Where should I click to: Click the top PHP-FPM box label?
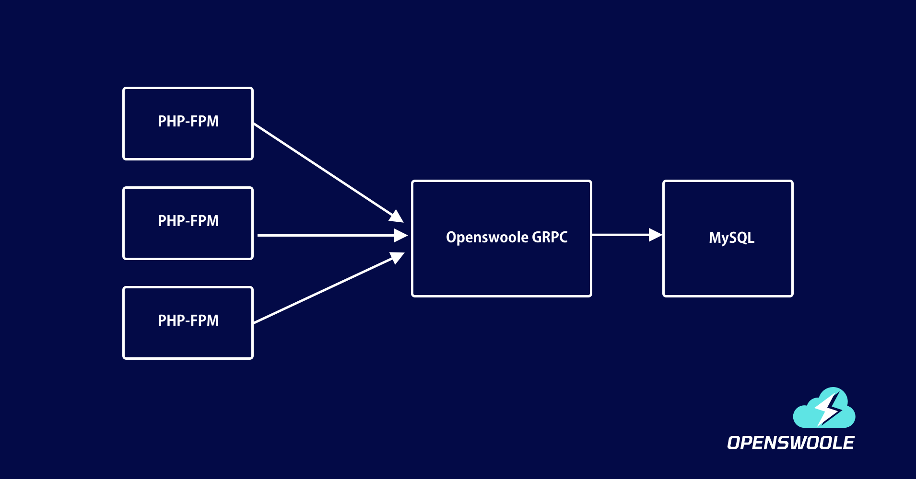click(188, 121)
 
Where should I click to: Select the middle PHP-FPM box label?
click(188, 221)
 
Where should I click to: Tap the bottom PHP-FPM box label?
click(188, 320)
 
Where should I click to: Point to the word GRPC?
click(550, 237)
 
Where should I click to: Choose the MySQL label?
click(731, 238)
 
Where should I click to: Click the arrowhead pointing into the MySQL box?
click(655, 235)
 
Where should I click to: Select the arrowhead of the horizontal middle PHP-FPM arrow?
click(400, 235)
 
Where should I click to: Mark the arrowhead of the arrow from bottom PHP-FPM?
click(397, 258)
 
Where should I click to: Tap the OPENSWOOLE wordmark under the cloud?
click(790, 443)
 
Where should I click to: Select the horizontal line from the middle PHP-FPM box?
click(326, 235)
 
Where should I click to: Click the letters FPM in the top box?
click(204, 121)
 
